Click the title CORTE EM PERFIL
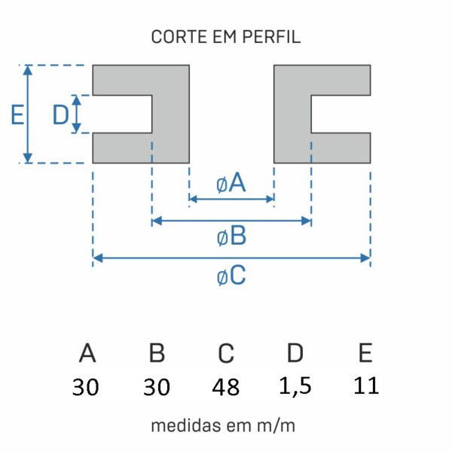226,37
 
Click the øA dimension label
231,183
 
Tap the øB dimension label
231,237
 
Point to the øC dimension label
231,276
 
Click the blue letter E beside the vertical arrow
17,115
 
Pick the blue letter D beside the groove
61,115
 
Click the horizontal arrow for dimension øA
231,200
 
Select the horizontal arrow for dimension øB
231,221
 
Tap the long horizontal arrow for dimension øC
231,258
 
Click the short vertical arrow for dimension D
76,115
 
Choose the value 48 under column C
226,387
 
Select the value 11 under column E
365,386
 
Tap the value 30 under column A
87,387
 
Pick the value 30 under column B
157,387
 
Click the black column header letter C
226,353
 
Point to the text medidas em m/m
224,426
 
